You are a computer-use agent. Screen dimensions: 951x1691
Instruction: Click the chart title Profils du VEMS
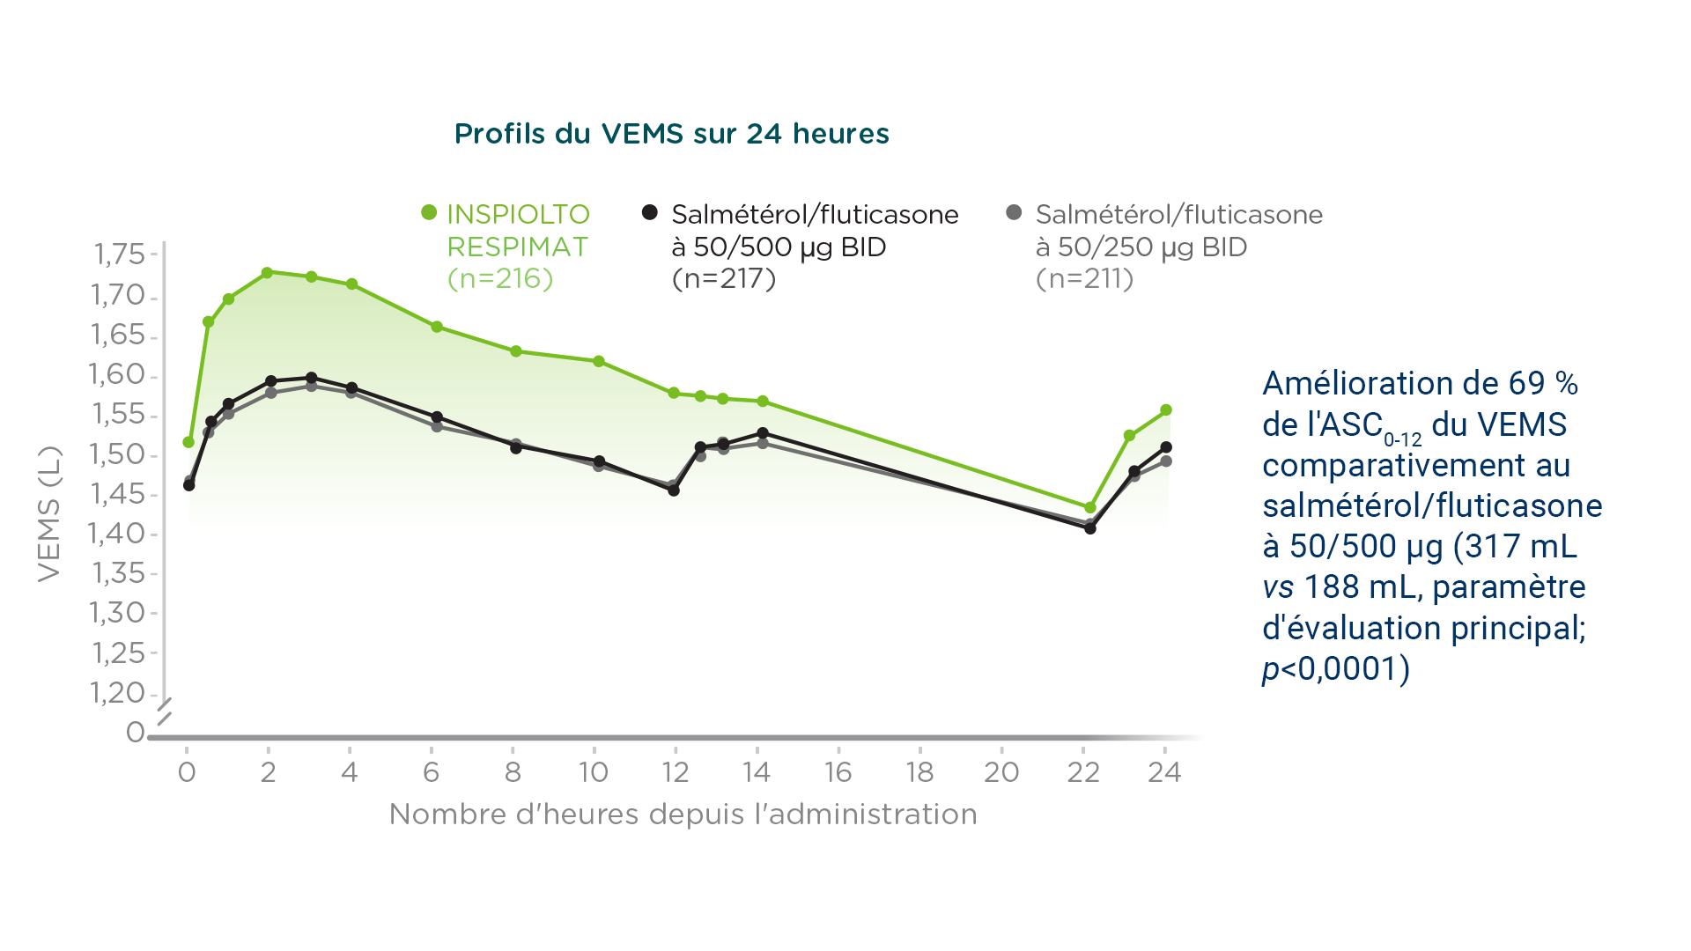click(671, 134)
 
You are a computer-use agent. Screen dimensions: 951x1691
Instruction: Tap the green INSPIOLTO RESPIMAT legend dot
click(429, 212)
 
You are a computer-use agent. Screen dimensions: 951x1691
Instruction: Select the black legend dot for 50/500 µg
click(650, 212)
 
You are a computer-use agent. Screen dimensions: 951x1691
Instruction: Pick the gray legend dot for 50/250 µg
click(1014, 212)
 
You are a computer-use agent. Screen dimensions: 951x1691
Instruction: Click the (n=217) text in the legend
click(724, 279)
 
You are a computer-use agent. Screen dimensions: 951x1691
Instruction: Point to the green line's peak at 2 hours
click(267, 273)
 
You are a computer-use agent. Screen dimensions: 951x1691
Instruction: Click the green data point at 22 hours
click(1090, 508)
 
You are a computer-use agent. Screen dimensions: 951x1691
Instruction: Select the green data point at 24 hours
click(1166, 410)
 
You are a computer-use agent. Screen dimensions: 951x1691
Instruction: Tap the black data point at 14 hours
click(763, 433)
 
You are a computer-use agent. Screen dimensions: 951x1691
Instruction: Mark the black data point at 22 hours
click(1090, 528)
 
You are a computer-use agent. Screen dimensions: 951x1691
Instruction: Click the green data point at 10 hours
click(599, 362)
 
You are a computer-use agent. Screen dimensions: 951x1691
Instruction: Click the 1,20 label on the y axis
click(117, 693)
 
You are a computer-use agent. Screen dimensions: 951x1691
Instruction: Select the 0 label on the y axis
click(135, 733)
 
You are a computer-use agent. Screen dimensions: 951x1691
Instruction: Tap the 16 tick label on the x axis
click(838, 773)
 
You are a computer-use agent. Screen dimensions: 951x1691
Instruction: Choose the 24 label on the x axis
click(1164, 773)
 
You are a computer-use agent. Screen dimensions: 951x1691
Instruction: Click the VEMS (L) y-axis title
click(49, 513)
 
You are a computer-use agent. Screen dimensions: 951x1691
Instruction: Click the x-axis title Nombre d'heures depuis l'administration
click(683, 815)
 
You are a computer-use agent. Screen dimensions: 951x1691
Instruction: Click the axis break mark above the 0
click(164, 711)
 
